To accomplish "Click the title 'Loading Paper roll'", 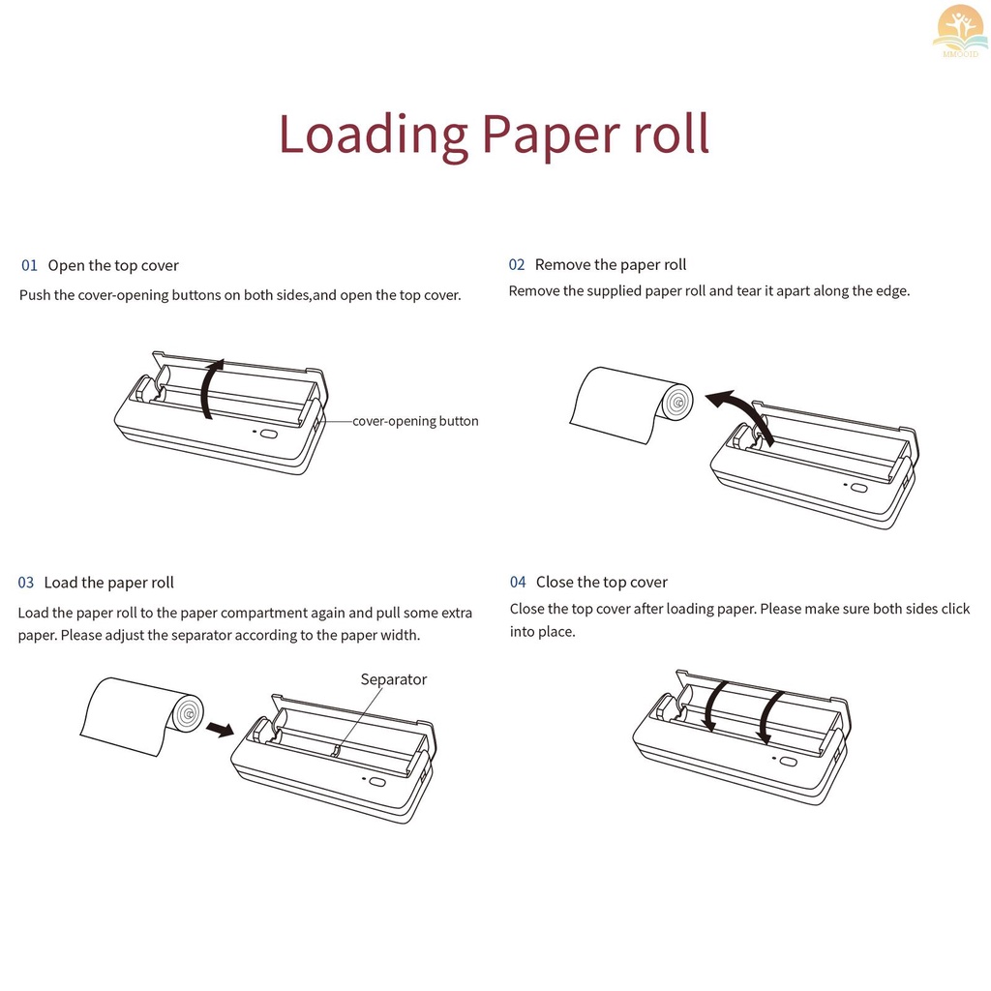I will (x=495, y=135).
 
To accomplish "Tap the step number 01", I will (x=29, y=266).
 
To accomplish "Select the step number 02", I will (x=517, y=265).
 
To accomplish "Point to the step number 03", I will (x=26, y=583).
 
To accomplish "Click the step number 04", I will (x=518, y=583).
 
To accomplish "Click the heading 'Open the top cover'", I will (x=113, y=266).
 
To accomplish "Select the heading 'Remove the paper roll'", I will (x=611, y=265).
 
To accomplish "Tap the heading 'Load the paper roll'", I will (x=109, y=583).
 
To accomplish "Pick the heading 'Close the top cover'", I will (x=602, y=583).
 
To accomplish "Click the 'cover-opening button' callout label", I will (x=415, y=421).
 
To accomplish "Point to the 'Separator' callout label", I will (x=393, y=679).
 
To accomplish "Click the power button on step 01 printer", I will (x=268, y=434).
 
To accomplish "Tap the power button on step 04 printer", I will (x=788, y=761).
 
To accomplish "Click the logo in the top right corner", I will (x=958, y=30).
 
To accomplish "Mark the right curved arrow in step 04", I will (x=770, y=717).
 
